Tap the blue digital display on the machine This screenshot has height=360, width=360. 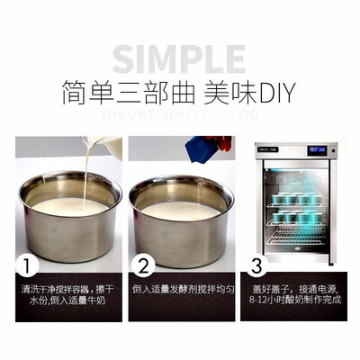316,150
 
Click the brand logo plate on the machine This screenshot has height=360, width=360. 268,149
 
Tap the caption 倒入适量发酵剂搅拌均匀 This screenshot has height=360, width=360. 184,291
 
